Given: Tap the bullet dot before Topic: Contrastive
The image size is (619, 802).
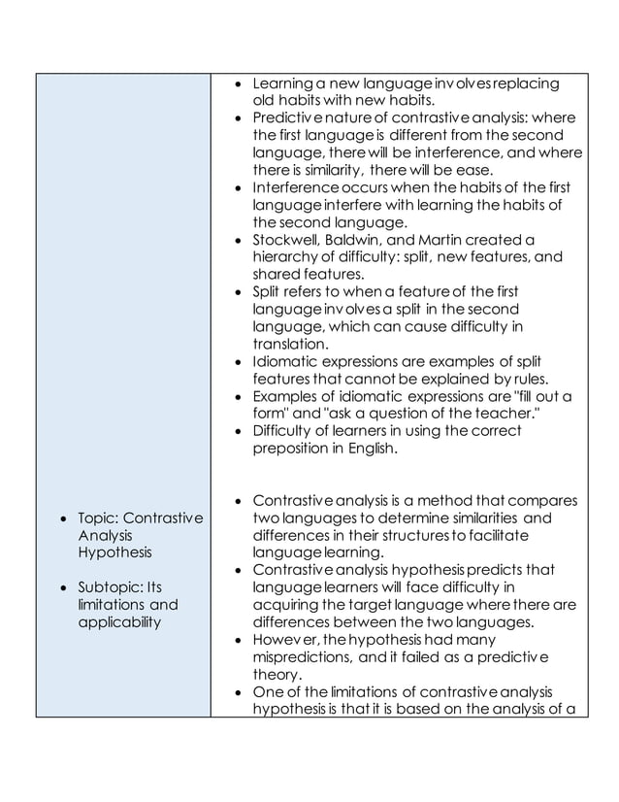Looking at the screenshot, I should [x=63, y=518].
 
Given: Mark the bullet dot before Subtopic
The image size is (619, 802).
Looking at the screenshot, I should [x=63, y=588].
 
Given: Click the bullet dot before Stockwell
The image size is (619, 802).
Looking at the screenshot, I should [x=239, y=240].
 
